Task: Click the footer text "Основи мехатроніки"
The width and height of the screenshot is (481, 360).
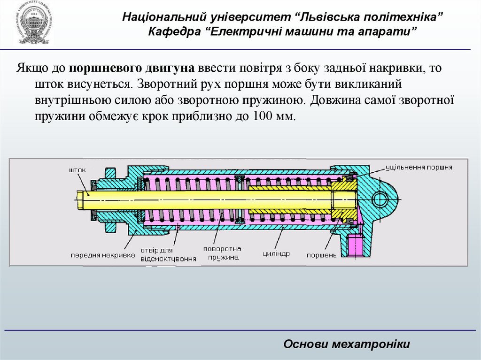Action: (347, 344)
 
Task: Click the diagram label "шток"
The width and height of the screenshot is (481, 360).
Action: (77, 170)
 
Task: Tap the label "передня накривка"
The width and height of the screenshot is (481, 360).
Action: (102, 255)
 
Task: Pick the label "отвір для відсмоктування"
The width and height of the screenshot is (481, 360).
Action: (168, 254)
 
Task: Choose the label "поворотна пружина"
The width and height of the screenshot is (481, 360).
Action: (222, 253)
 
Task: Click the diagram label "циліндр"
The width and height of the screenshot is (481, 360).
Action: (276, 253)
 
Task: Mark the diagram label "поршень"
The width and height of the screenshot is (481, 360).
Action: (322, 255)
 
